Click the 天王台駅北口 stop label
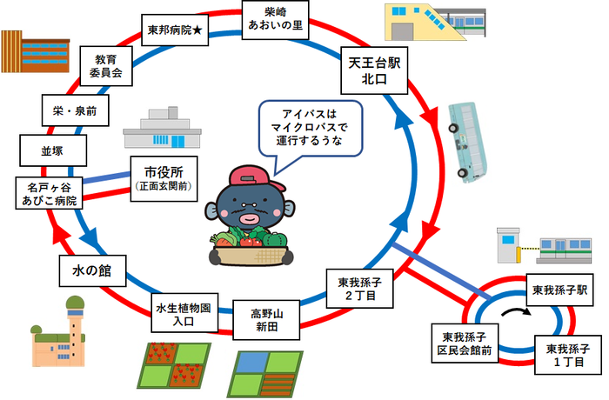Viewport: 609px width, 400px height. (373, 73)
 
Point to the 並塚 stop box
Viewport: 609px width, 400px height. (51, 150)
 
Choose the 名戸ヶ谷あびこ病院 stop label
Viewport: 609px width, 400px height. (51, 193)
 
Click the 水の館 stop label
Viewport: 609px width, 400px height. (93, 269)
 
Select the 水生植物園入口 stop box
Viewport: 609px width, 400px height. (184, 315)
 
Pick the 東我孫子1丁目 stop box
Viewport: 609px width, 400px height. (567, 355)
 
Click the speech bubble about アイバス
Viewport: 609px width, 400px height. (312, 130)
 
